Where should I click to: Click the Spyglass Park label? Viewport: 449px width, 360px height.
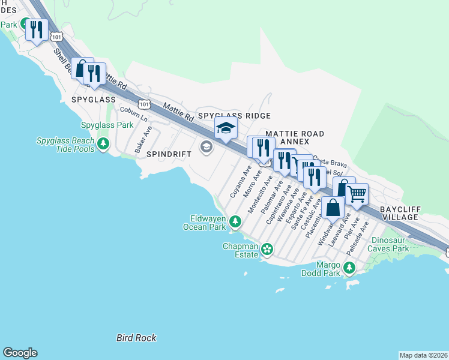(x=107, y=125)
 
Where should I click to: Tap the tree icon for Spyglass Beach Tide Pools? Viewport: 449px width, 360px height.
(x=103, y=144)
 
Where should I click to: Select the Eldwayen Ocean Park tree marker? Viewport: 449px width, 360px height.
(x=235, y=223)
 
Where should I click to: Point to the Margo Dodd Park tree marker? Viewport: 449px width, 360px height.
(x=348, y=268)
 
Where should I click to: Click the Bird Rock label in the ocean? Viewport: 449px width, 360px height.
(x=136, y=338)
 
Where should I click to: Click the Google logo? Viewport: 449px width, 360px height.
(x=20, y=353)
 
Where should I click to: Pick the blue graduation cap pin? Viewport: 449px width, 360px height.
(x=226, y=128)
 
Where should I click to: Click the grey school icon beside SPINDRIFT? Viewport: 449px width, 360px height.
(x=206, y=147)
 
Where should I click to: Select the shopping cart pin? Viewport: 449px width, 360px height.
(x=357, y=193)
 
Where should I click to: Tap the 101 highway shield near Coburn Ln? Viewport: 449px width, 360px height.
(x=143, y=104)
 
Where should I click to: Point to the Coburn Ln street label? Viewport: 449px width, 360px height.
(x=133, y=113)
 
